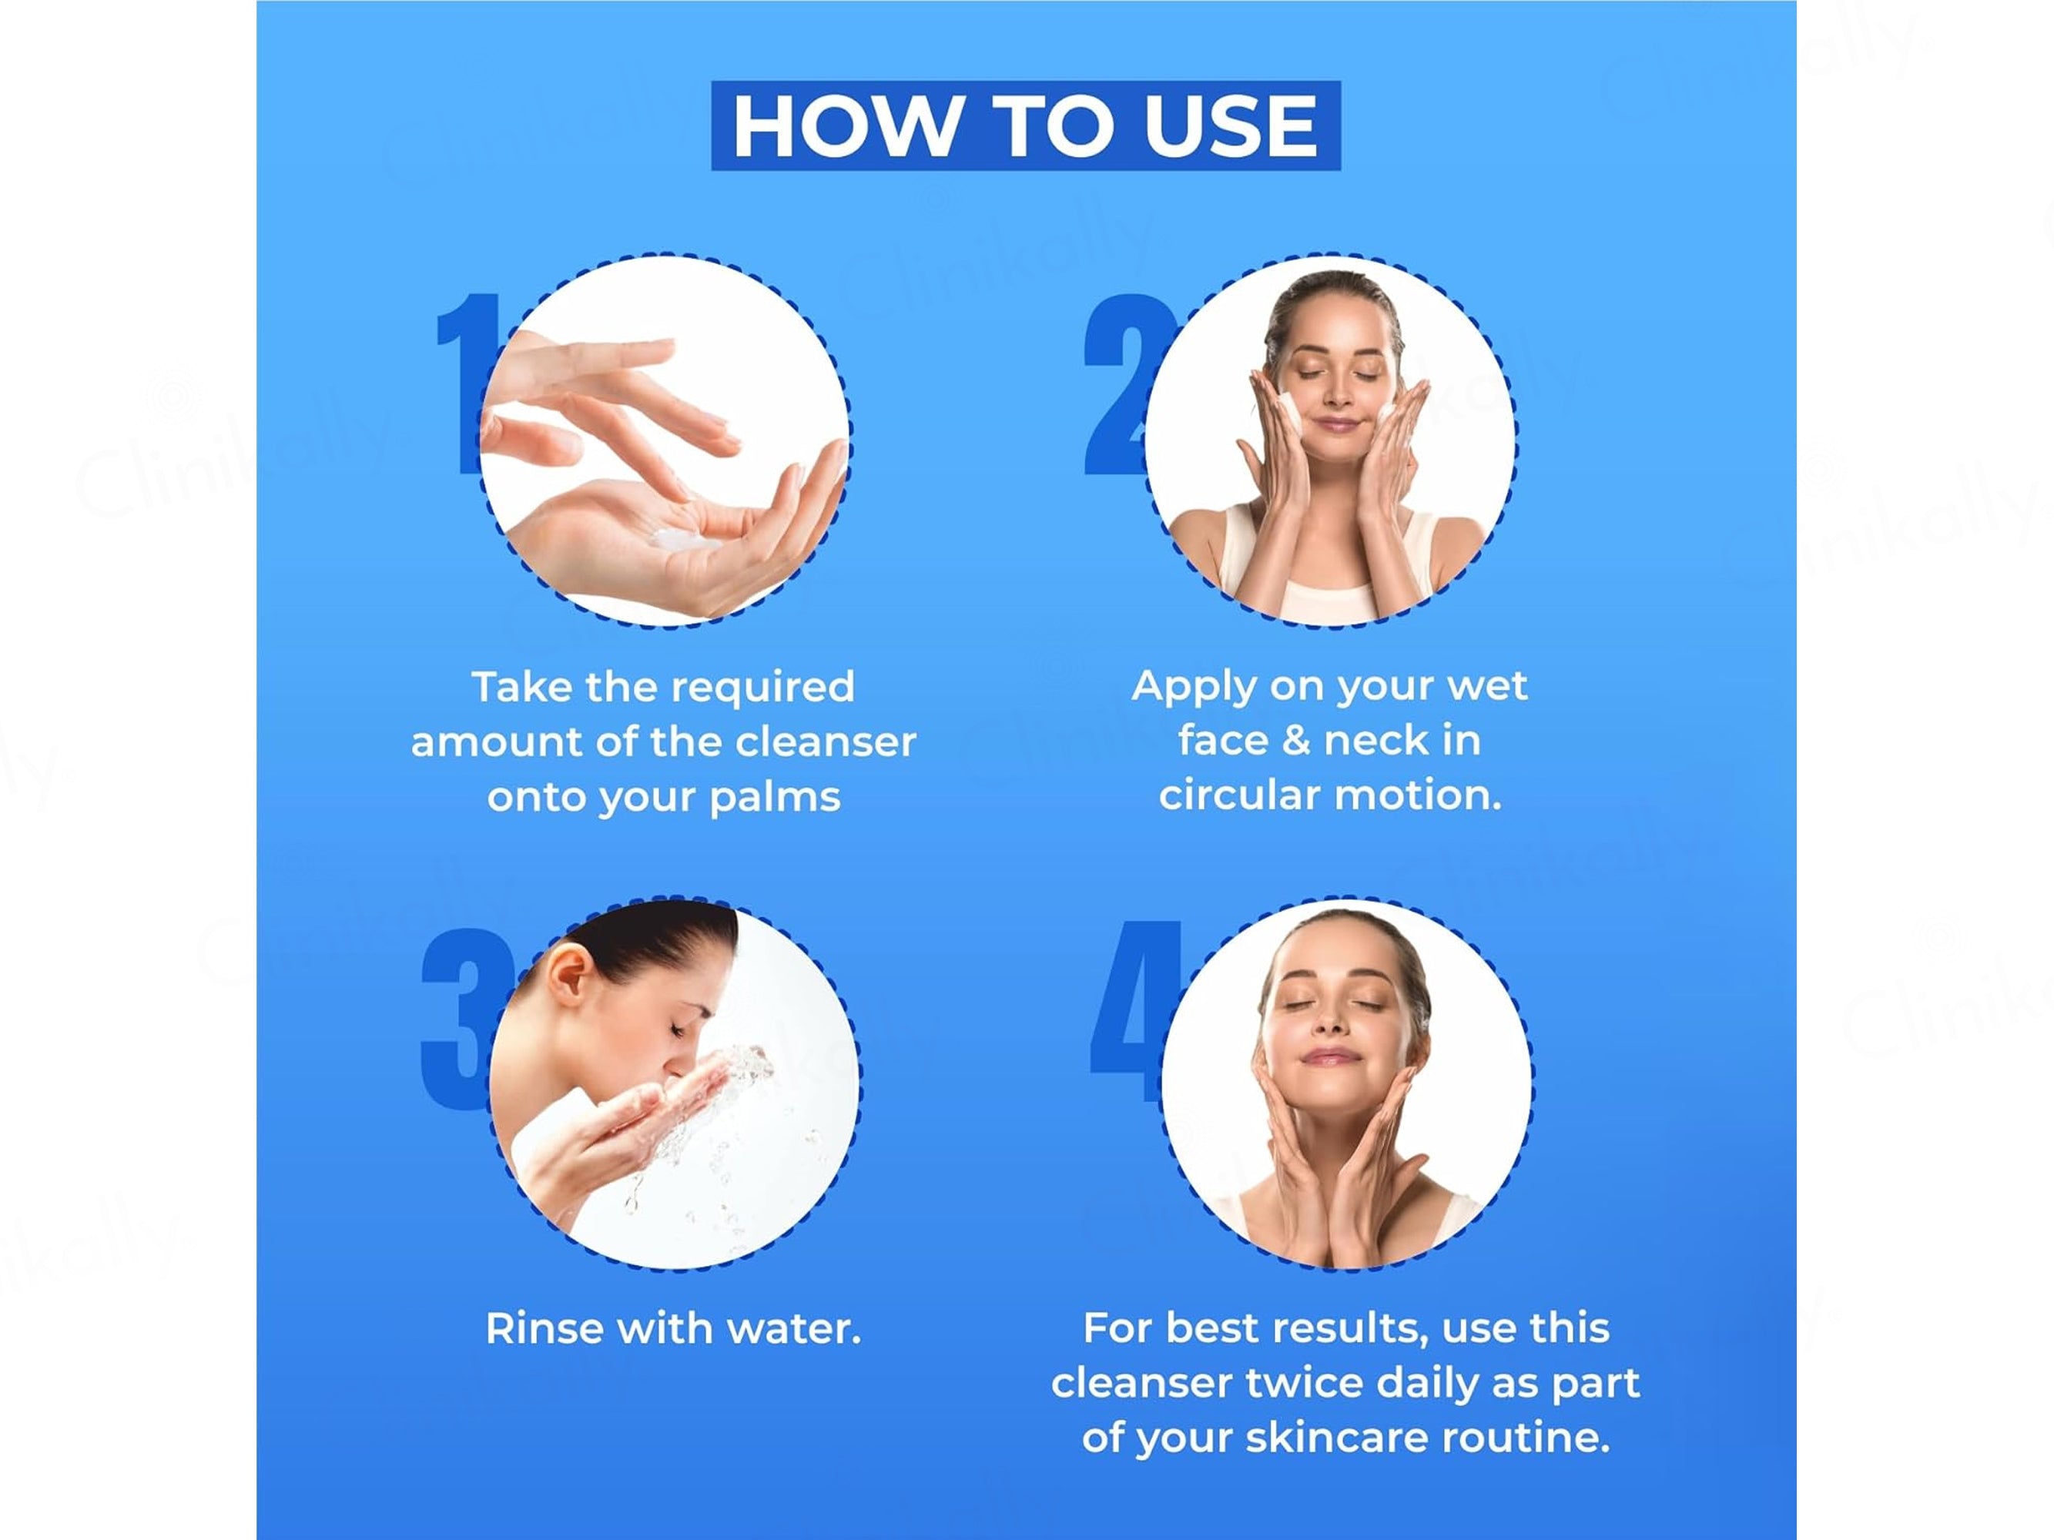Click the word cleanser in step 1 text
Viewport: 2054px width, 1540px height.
(826, 742)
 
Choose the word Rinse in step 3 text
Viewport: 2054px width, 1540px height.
(545, 1328)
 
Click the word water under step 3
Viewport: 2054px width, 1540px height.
(794, 1329)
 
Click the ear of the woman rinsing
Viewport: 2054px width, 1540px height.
(568, 980)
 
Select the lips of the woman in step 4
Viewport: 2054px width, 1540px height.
(1330, 1056)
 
